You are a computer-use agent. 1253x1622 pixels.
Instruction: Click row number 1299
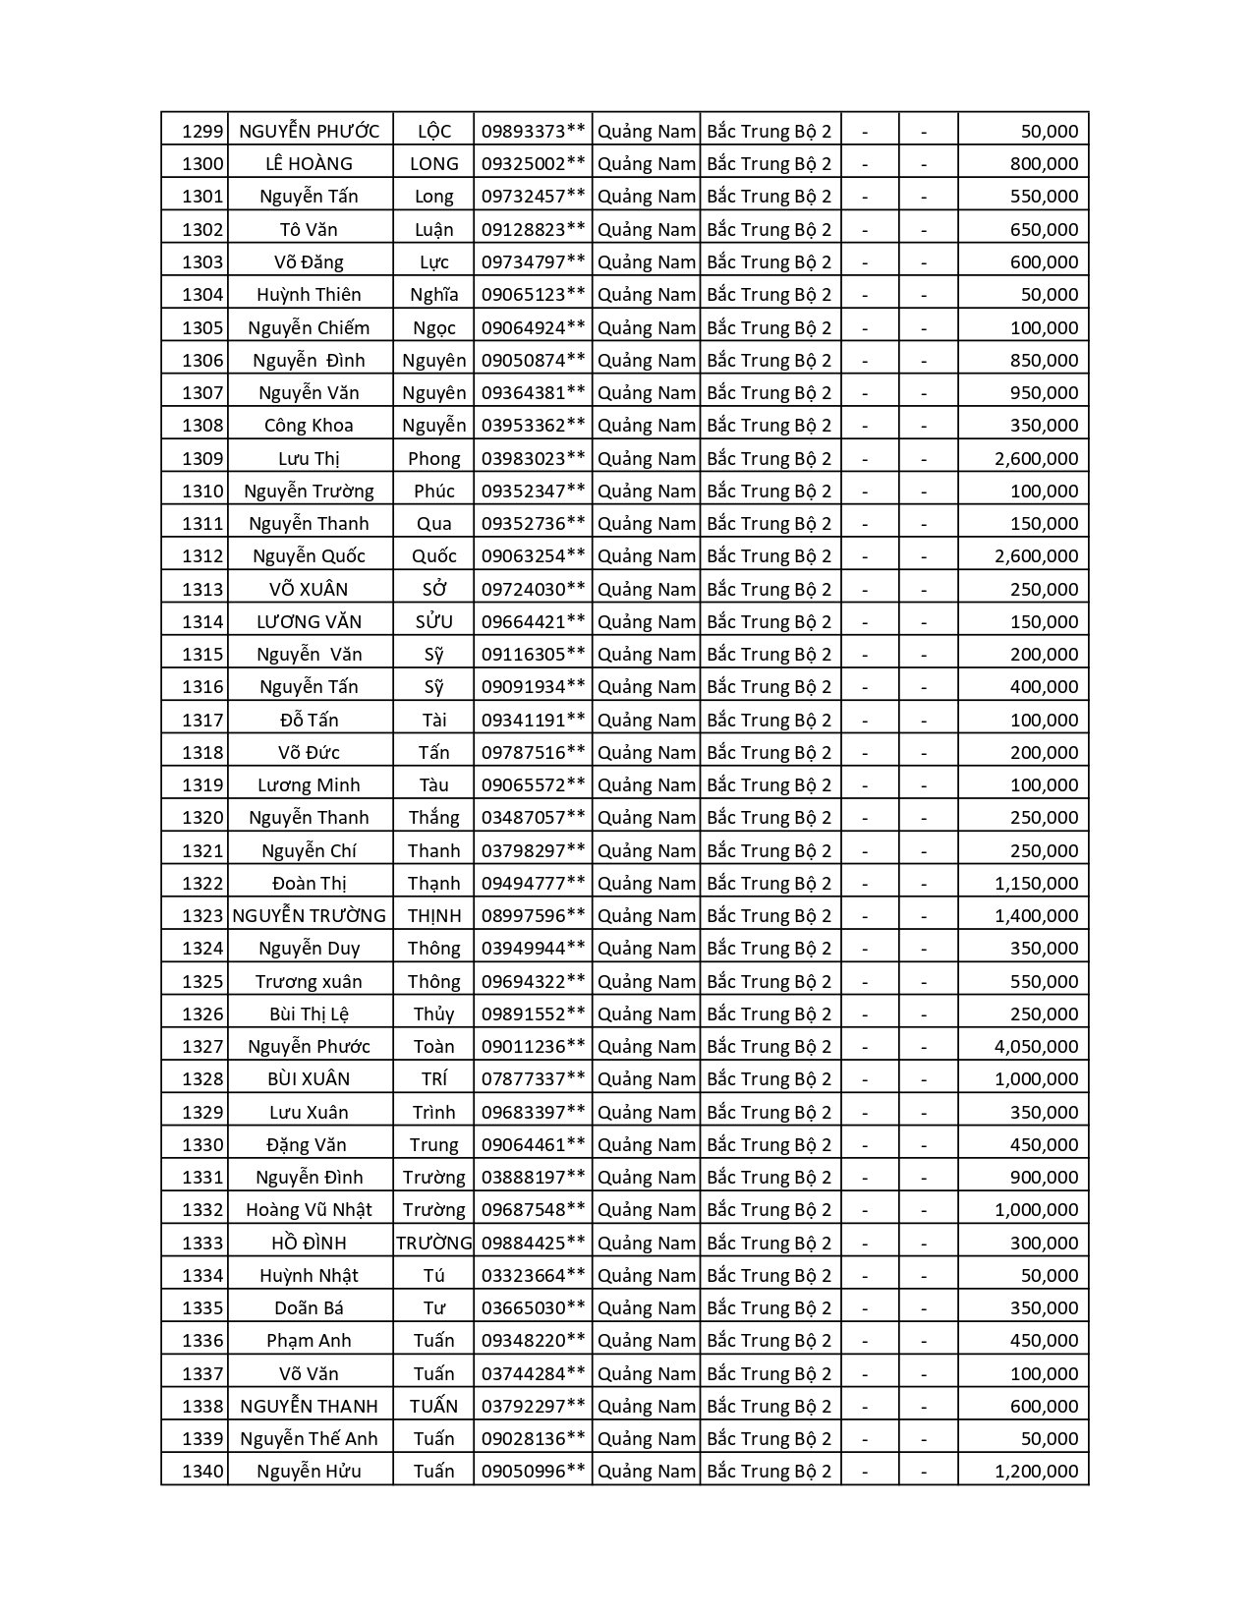coord(202,131)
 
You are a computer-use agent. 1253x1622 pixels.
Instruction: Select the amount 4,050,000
coord(1036,1046)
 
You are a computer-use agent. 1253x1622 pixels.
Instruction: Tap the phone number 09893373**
coord(533,131)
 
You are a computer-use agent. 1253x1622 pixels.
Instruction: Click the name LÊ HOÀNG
coord(309,163)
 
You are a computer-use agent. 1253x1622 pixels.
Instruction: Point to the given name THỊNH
coord(433,915)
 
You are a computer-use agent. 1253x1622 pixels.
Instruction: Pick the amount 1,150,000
coord(1036,883)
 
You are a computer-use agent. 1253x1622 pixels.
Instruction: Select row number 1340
coord(202,1471)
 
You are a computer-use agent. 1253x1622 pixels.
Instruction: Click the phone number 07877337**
coord(533,1078)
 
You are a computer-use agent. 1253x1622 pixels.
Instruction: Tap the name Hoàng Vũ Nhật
coord(309,1209)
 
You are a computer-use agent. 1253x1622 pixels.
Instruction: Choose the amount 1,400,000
coord(1036,915)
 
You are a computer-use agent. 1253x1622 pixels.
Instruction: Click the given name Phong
coord(433,458)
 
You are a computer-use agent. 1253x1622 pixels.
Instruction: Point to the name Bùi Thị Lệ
coord(309,1014)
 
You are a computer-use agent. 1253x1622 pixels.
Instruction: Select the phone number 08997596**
coord(533,915)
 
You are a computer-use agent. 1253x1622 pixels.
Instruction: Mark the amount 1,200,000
coord(1036,1471)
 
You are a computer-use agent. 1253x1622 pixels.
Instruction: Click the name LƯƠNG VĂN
coord(309,621)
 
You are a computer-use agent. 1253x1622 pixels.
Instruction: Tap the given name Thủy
coord(433,1014)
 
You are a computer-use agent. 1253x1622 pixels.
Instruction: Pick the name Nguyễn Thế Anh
coord(309,1438)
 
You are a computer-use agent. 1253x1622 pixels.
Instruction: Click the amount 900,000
coord(1044,1177)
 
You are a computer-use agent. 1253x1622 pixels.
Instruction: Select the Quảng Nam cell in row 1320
coord(646,817)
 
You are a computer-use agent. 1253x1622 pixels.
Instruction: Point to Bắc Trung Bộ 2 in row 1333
coord(769,1243)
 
